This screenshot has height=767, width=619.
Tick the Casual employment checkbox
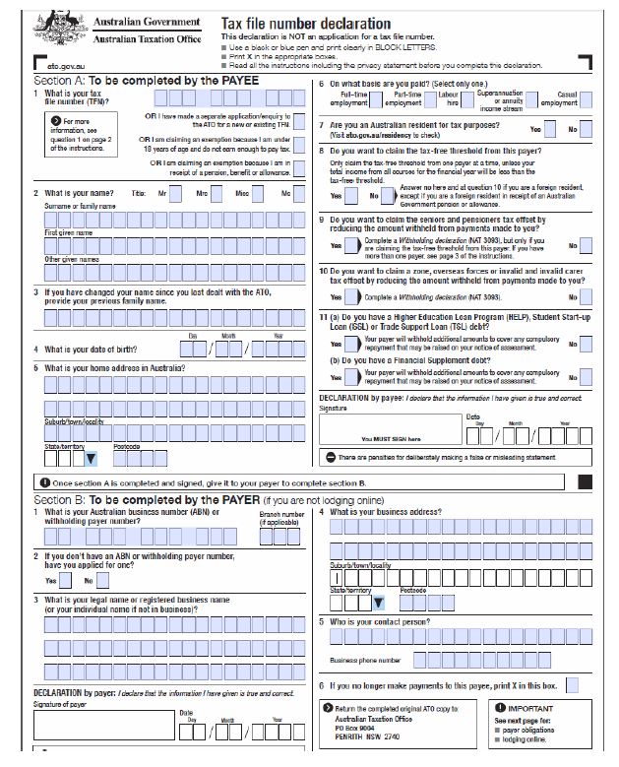585,100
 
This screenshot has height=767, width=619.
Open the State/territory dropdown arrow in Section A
91,458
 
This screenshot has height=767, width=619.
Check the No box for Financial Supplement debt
586,376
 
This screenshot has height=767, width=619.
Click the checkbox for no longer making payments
572,684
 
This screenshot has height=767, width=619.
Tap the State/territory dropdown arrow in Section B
377,603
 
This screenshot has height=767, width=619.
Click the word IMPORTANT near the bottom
529,708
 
